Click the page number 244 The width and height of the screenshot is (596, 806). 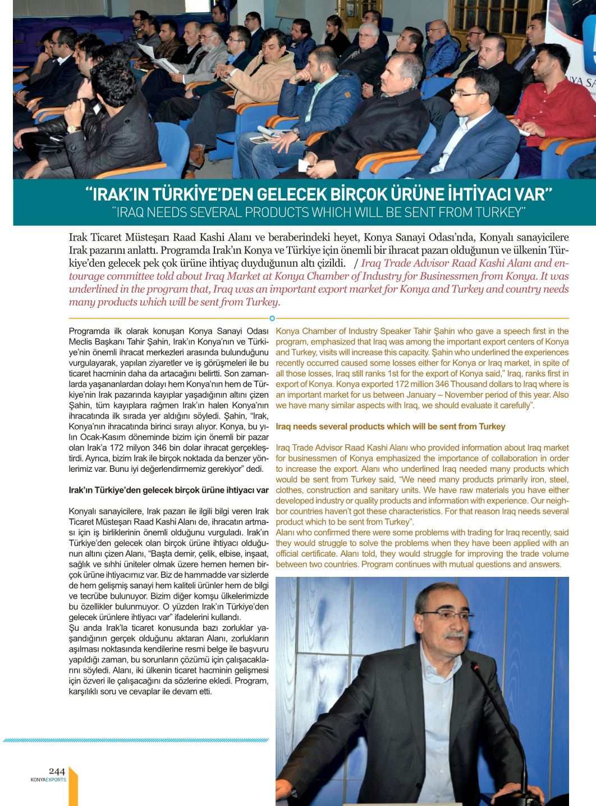tap(57, 771)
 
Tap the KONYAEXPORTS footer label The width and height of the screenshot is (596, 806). tap(48, 780)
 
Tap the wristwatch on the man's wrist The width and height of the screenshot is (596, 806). tap(71, 128)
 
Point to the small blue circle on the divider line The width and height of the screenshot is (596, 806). tap(272, 318)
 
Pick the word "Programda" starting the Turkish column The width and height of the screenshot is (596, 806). tap(87, 331)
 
